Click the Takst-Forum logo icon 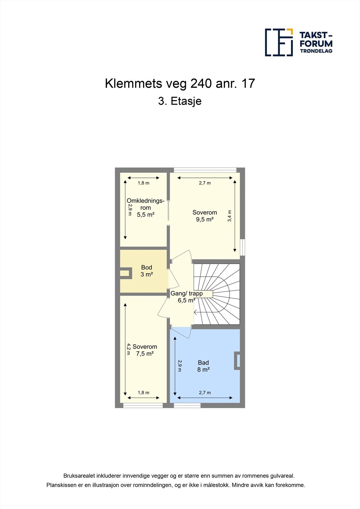279,42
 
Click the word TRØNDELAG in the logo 316,51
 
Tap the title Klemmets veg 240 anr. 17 180,84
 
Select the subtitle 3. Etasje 180,101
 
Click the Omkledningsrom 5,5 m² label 145,208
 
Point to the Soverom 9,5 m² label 205,216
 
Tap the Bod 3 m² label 146,271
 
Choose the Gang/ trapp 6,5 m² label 187,297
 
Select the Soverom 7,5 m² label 145,350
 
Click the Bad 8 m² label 203,366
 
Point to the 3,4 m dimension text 230,216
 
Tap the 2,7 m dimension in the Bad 205,393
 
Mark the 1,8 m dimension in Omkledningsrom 143,183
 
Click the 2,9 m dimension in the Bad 180,366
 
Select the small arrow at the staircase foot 195,312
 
